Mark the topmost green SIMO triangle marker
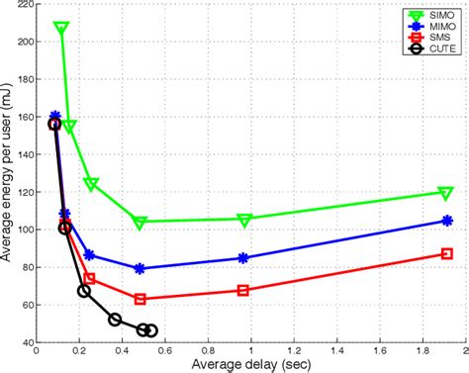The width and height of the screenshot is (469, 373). pos(61,29)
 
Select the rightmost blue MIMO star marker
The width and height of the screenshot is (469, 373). pos(447,221)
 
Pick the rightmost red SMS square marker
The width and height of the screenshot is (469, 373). pos(447,254)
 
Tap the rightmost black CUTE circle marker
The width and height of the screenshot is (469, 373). pos(150,330)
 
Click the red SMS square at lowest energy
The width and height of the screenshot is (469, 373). pos(140,299)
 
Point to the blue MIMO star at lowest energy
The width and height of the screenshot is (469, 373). pos(140,268)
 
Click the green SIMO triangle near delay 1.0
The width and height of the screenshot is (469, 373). pos(243,219)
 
